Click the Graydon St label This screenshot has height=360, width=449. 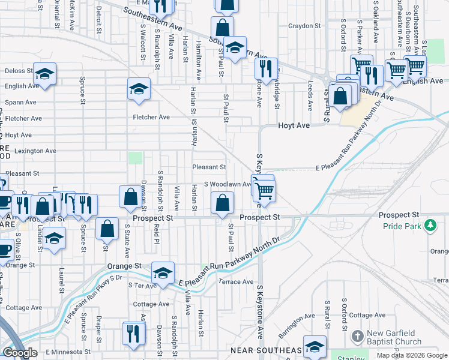coord(305,26)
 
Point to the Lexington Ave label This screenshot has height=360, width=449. coord(35,151)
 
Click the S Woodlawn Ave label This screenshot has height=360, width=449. coord(226,184)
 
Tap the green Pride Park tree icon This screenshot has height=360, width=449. coord(429,226)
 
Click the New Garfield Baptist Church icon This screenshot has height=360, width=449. coord(358,335)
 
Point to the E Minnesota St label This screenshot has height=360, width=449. coord(66,352)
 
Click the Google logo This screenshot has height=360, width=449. coord(20,353)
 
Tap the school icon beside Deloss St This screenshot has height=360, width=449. coord(44,74)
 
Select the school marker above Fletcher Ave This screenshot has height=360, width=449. coord(139,89)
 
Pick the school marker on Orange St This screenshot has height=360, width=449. coord(162,272)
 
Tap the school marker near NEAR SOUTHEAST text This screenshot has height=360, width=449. coord(315,346)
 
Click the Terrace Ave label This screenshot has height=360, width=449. coord(236,281)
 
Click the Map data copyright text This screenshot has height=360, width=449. coord(412,355)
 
